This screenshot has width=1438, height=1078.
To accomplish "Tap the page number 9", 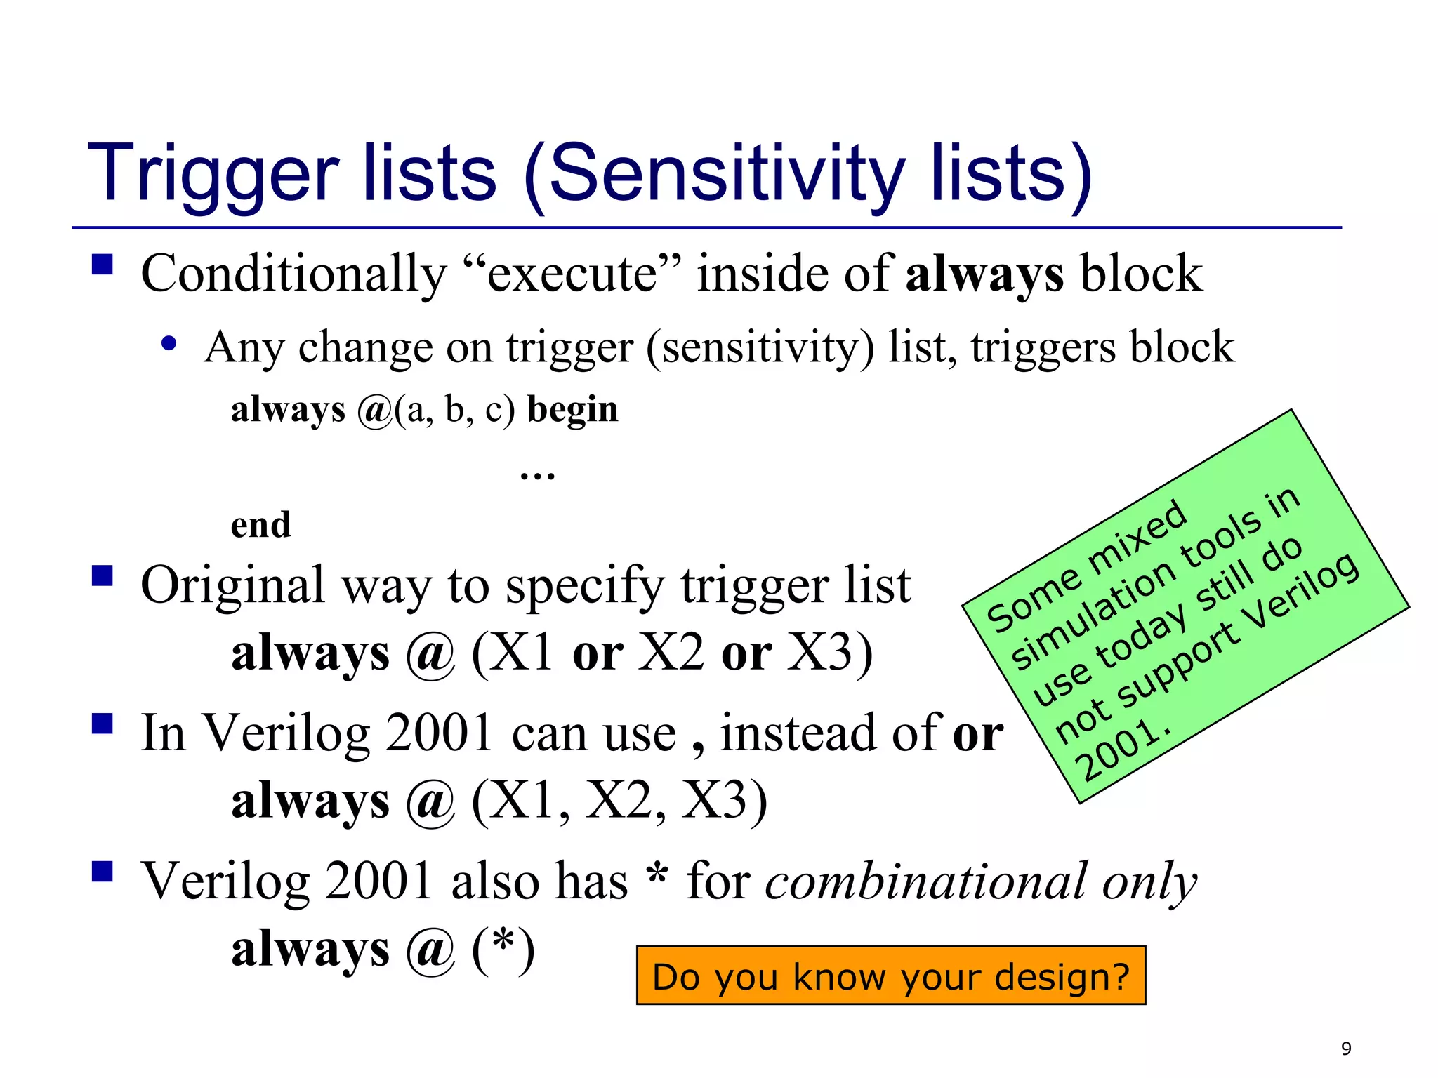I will [1346, 1049].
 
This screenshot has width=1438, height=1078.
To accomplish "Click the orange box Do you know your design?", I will [890, 976].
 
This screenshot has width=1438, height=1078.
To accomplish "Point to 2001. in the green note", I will [1122, 750].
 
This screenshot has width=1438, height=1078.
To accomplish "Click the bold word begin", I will [572, 410].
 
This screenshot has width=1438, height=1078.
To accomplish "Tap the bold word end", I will [260, 525].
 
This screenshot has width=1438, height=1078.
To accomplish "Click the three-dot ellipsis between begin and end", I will [537, 475].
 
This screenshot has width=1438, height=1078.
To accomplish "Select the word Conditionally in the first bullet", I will [293, 274].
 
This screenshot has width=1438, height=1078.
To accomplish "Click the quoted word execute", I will [572, 274].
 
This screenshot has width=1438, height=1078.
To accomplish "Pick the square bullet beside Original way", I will [103, 576].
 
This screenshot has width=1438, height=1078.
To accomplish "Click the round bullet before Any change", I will [169, 344].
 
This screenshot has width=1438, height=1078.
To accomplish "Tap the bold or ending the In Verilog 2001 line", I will [977, 733].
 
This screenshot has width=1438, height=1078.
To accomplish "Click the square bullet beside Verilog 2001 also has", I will [103, 872].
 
